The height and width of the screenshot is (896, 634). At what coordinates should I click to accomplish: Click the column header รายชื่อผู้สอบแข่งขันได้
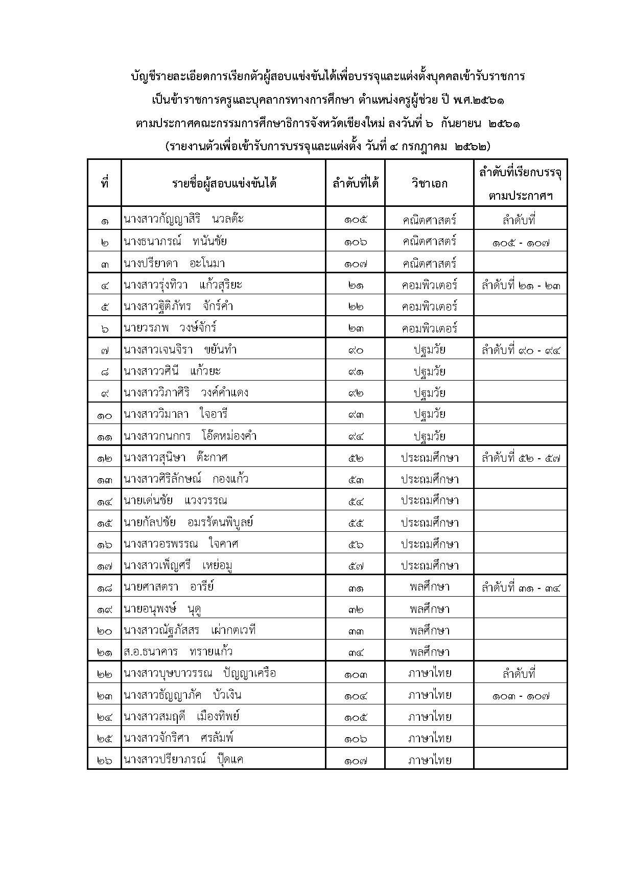pyautogui.click(x=223, y=183)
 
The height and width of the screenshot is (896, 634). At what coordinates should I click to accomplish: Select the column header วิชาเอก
pyautogui.click(x=429, y=183)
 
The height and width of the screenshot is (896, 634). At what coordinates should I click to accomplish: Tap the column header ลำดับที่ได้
pyautogui.click(x=355, y=183)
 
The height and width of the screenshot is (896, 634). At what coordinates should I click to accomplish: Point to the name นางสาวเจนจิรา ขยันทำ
pyautogui.click(x=180, y=349)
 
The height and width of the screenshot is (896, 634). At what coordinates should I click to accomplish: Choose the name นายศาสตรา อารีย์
pyautogui.click(x=169, y=586)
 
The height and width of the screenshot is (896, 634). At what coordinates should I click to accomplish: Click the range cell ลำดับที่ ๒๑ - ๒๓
pyautogui.click(x=520, y=285)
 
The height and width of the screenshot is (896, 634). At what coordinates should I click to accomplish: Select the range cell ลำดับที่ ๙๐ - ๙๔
pyautogui.click(x=520, y=350)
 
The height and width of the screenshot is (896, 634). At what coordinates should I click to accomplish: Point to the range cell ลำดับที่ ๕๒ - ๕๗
pyautogui.click(x=520, y=458)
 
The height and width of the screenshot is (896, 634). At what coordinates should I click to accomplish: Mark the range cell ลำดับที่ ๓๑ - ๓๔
pyautogui.click(x=520, y=587)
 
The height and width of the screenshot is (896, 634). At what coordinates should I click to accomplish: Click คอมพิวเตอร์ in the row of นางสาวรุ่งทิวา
pyautogui.click(x=429, y=285)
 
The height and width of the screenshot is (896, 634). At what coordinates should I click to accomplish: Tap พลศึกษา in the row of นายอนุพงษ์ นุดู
pyautogui.click(x=429, y=609)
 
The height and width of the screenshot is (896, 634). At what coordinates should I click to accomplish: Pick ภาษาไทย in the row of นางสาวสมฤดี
pyautogui.click(x=429, y=717)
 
